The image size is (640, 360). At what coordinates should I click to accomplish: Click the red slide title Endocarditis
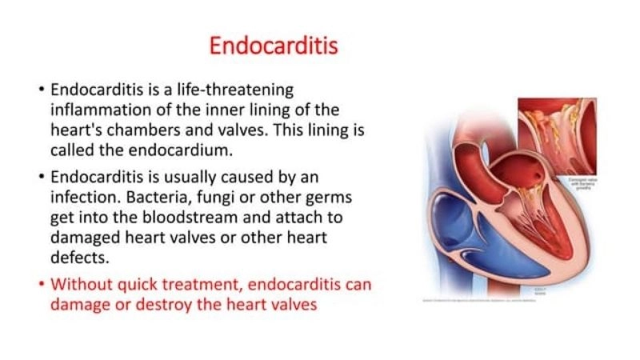pyautogui.click(x=274, y=46)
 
